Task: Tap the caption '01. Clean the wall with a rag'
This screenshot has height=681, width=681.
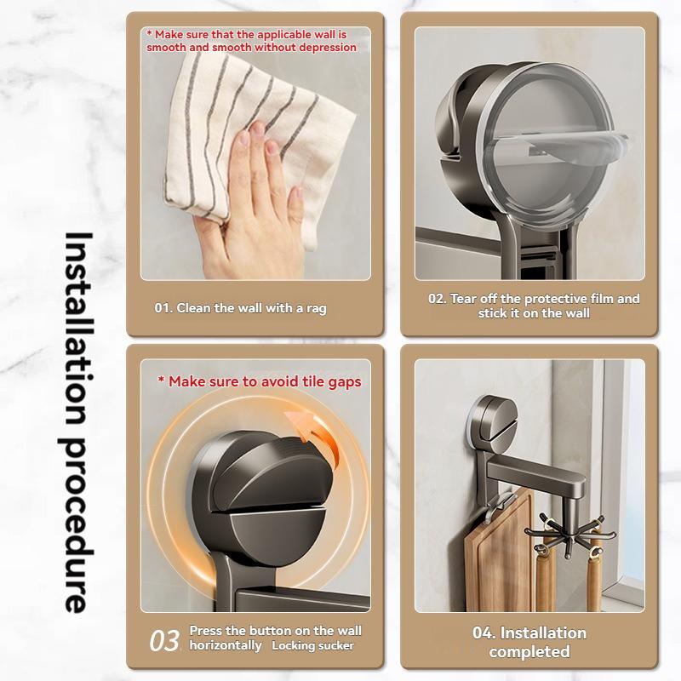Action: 240,308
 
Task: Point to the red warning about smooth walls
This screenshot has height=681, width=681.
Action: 251,41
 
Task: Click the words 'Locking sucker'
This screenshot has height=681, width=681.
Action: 312,646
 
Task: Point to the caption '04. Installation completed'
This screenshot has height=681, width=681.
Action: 529,642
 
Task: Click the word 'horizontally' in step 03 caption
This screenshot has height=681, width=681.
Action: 226,646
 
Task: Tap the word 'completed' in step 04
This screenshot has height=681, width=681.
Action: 529,652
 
